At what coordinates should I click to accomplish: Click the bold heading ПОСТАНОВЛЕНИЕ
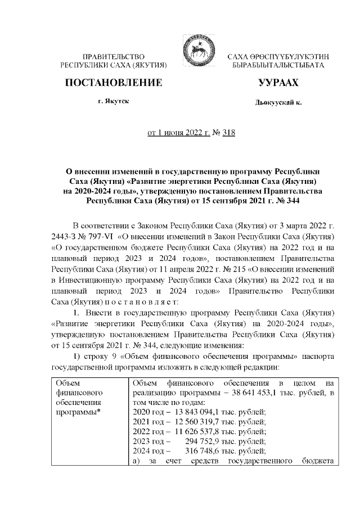click(x=114, y=83)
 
